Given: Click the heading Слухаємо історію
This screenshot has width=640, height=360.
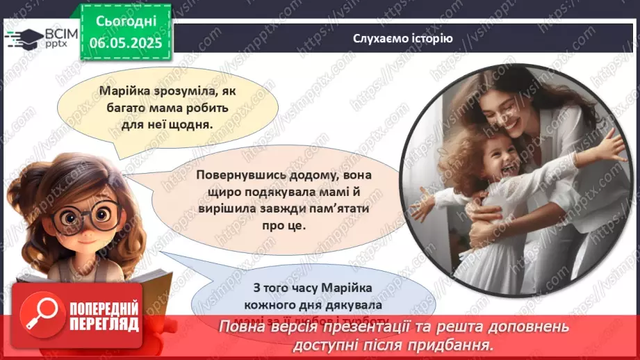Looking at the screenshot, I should [x=402, y=38].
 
